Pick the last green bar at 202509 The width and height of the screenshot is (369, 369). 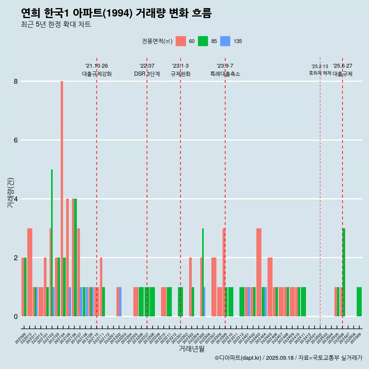(359, 302)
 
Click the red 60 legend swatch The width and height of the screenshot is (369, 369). (181, 41)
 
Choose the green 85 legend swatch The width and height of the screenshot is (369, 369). (203, 41)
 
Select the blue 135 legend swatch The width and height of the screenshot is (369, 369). (225, 41)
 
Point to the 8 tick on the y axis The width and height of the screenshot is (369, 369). (16, 81)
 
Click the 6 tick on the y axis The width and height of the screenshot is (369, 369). (16, 140)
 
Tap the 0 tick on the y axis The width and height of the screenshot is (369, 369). (16, 317)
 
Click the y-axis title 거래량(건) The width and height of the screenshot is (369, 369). (11, 193)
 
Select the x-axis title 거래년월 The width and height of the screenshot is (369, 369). (191, 349)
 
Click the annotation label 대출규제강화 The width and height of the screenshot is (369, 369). (97, 74)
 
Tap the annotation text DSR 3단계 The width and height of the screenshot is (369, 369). (147, 74)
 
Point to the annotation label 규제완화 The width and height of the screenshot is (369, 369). (180, 74)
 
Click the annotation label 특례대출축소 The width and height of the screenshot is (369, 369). (225, 74)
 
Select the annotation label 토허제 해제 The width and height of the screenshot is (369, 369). (320, 73)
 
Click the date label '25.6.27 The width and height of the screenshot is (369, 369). (342, 66)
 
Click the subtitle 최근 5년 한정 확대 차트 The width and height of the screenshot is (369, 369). (56, 25)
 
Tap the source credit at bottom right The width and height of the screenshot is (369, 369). (288, 358)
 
